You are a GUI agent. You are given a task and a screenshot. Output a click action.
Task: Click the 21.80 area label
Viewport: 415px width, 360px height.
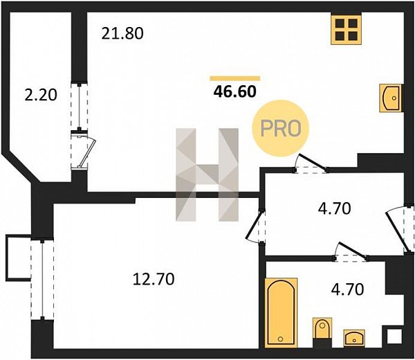(x=122, y=34)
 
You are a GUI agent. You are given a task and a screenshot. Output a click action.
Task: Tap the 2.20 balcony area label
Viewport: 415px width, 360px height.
(x=41, y=95)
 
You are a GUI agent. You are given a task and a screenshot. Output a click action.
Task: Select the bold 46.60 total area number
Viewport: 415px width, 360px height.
(x=235, y=91)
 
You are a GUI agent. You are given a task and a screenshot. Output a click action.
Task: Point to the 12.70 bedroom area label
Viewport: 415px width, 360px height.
(x=154, y=279)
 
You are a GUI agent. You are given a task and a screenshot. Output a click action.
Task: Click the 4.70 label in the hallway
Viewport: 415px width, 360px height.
(x=334, y=208)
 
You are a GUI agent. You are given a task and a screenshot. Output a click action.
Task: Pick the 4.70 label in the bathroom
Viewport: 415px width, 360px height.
(x=347, y=289)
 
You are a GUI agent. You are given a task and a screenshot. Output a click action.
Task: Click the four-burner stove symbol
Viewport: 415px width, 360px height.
(x=347, y=29)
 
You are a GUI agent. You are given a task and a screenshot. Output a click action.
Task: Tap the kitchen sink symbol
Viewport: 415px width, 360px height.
(x=390, y=98)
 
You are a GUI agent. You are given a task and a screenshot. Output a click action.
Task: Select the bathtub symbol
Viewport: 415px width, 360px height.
(x=281, y=313)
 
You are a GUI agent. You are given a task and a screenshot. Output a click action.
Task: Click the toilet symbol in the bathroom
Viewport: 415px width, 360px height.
(x=322, y=328)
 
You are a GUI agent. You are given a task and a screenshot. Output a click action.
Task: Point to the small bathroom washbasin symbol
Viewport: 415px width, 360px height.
(x=354, y=338)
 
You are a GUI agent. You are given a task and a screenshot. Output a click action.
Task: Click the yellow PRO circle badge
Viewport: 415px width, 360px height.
(x=281, y=128)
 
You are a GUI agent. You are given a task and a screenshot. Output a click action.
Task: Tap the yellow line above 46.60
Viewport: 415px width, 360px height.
(x=235, y=78)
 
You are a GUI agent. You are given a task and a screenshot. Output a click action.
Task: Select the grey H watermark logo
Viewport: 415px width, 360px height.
(x=207, y=174)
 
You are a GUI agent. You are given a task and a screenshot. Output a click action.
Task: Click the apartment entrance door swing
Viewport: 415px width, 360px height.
(x=397, y=230)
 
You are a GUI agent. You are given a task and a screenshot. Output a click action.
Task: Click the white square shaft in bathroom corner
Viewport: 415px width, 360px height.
(x=394, y=337)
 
